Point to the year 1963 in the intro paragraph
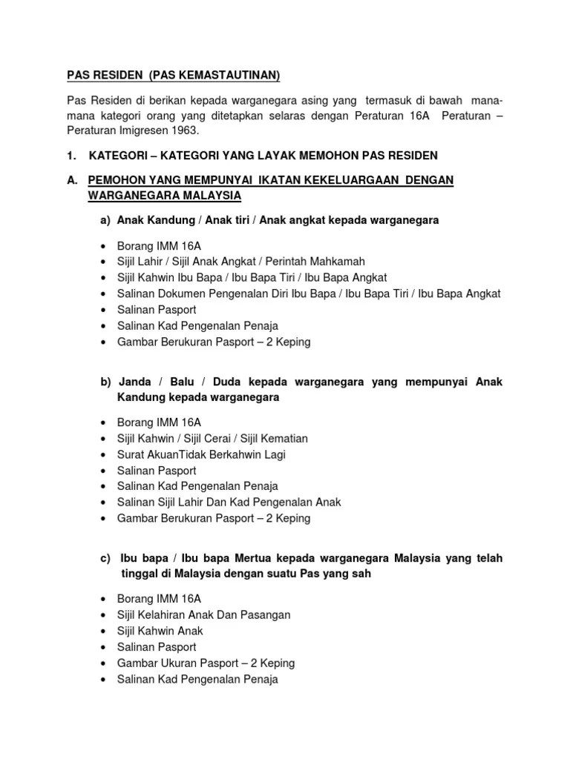[x=186, y=130]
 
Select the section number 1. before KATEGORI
[x=72, y=155]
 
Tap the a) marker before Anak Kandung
[x=104, y=220]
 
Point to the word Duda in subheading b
[x=229, y=382]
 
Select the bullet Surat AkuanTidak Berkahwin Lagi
[x=201, y=454]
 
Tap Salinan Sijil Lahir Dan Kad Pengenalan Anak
[x=229, y=502]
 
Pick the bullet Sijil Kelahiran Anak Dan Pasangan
[x=203, y=614]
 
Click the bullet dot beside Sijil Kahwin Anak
[x=102, y=631]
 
